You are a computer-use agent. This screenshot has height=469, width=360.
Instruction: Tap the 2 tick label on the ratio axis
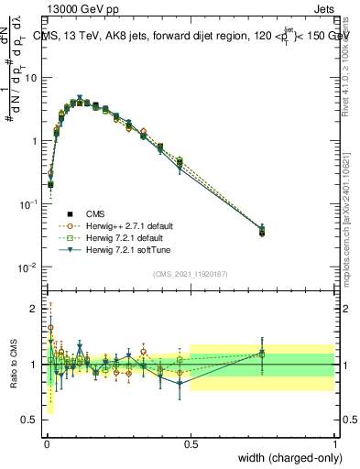tap(34, 309)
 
